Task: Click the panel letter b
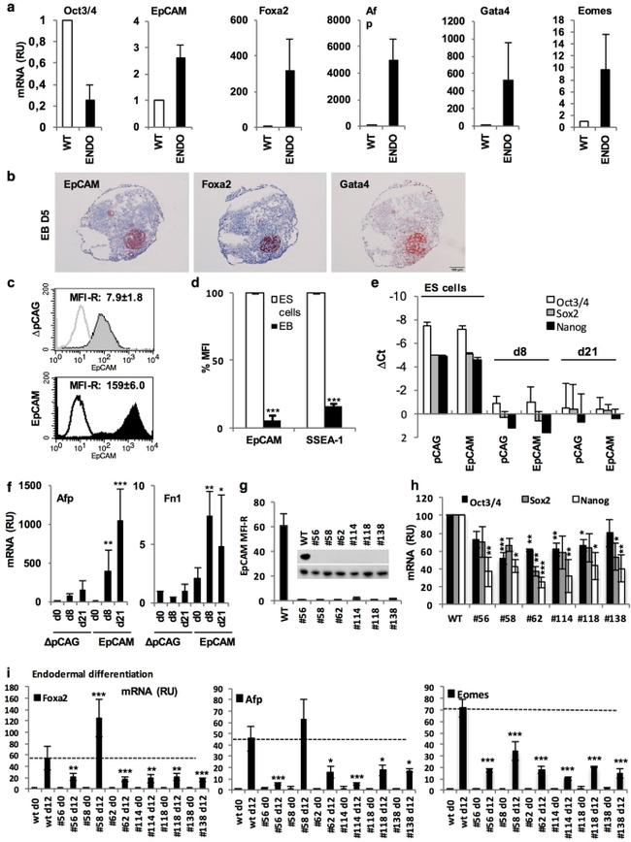10,178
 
